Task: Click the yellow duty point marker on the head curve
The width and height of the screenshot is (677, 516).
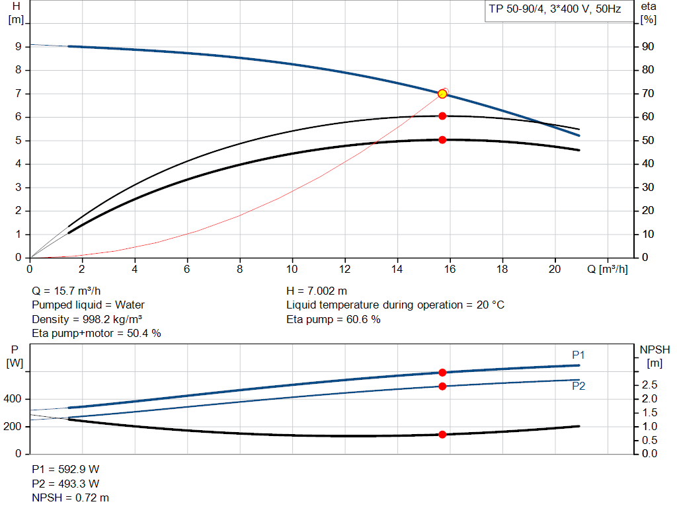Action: [442, 94]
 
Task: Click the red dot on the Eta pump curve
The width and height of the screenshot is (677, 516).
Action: [442, 116]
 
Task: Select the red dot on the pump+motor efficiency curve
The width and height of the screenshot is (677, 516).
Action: [442, 140]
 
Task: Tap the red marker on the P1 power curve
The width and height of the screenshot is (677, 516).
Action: [442, 373]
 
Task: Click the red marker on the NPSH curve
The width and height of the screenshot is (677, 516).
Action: [442, 435]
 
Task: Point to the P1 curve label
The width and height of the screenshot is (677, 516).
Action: [578, 355]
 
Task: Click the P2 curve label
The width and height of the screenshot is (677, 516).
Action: [578, 387]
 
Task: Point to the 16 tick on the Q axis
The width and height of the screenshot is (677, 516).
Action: [450, 270]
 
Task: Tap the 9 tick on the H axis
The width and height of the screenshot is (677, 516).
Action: [19, 47]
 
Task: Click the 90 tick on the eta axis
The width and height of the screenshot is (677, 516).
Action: [649, 47]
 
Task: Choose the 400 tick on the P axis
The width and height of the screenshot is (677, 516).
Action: [15, 399]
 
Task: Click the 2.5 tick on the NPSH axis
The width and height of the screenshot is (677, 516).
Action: [649, 385]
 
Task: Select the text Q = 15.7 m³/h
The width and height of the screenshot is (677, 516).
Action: [66, 291]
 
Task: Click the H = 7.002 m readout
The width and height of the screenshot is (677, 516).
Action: [317, 291]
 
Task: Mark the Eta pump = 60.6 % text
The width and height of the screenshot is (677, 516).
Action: [333, 320]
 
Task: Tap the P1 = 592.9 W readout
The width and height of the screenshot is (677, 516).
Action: [65, 469]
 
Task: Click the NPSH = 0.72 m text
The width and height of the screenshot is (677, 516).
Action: [71, 498]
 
